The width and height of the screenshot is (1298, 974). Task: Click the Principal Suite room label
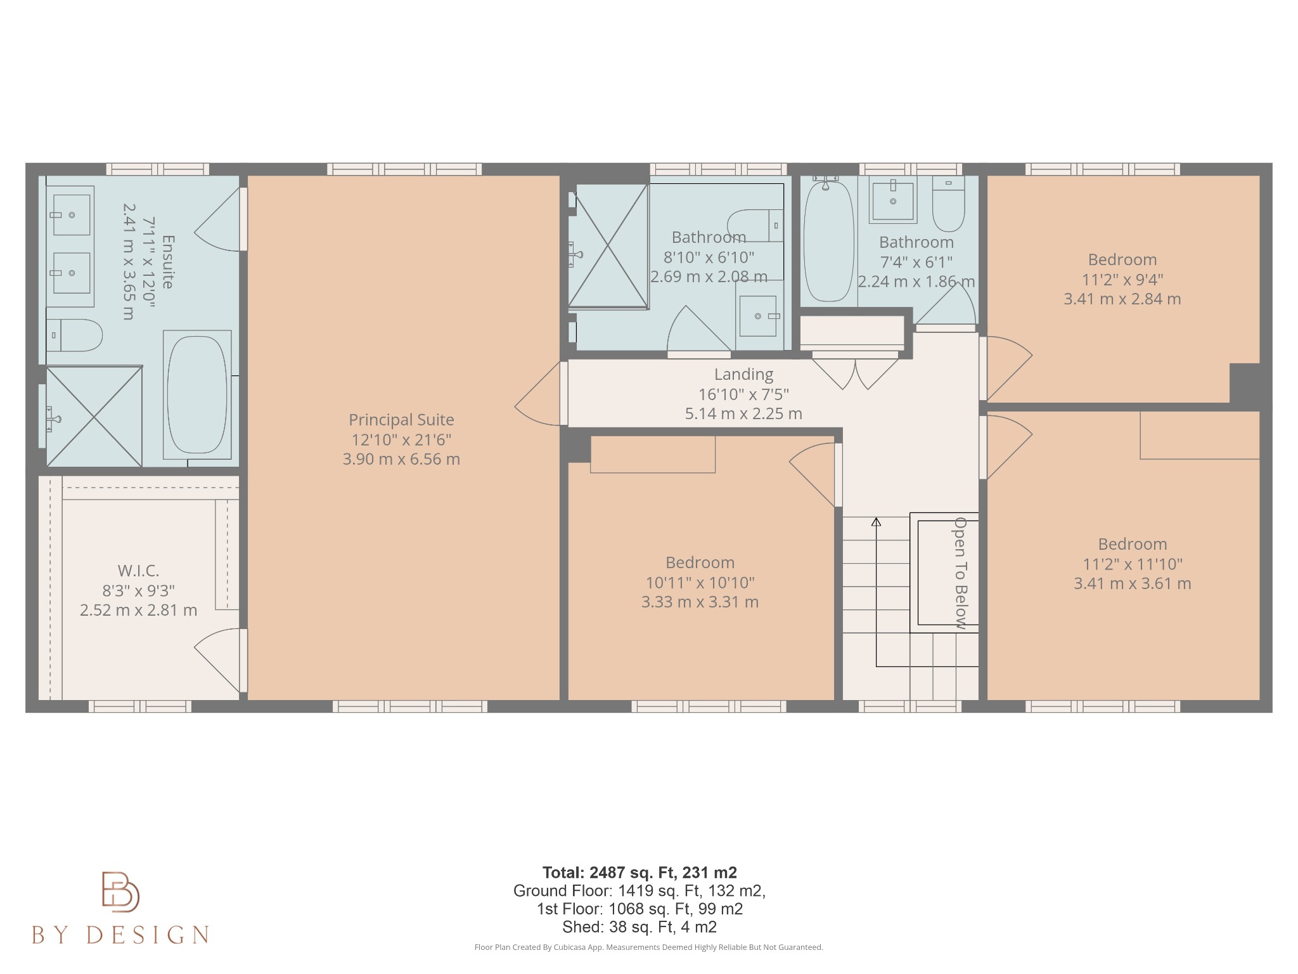click(x=401, y=420)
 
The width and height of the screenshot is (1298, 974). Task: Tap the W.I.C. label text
click(x=138, y=571)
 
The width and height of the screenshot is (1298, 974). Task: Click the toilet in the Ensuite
click(x=75, y=335)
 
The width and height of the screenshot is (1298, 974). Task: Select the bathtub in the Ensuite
click(x=197, y=394)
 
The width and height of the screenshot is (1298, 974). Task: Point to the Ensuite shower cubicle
click(x=94, y=417)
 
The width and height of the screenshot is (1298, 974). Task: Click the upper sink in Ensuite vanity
click(x=71, y=215)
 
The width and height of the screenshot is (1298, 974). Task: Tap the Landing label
click(x=743, y=375)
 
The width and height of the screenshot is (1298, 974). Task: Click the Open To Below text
click(x=961, y=573)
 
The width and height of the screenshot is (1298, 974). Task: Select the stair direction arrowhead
click(x=876, y=522)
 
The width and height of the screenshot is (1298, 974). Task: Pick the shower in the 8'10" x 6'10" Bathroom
click(x=608, y=245)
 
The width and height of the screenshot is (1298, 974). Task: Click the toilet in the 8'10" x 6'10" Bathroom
click(x=754, y=225)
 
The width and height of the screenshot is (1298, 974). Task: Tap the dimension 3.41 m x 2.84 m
click(x=1122, y=299)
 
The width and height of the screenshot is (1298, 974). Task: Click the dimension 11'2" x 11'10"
click(x=1132, y=564)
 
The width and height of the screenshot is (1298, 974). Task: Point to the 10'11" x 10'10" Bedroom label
click(x=700, y=562)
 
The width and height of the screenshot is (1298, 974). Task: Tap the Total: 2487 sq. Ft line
click(x=639, y=873)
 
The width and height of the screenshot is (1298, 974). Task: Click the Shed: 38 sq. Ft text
click(x=639, y=927)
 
